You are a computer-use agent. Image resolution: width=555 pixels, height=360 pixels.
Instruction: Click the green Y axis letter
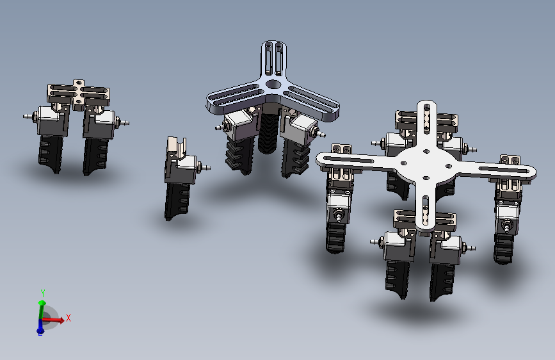coord(43,293)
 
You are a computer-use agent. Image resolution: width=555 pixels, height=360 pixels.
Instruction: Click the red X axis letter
coord(68,318)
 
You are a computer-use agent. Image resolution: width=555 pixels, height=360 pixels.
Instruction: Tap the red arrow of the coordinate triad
coord(53,320)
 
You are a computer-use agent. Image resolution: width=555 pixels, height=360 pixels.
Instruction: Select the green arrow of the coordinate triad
coord(42,309)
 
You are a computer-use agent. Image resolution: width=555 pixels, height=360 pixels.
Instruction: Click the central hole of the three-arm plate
coord(272,85)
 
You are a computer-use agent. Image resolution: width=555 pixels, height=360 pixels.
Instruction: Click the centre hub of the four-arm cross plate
coord(426,164)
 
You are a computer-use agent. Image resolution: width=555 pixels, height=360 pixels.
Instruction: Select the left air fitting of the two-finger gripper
coord(29,116)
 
